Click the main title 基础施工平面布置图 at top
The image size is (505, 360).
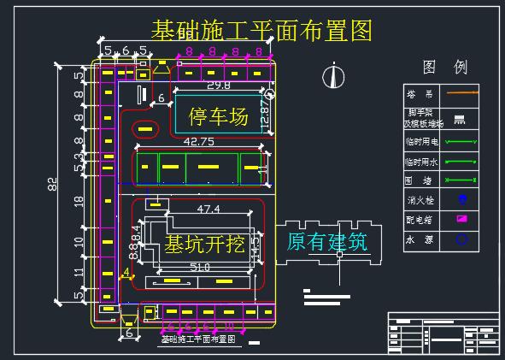click(261, 32)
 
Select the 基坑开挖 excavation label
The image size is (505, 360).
click(204, 245)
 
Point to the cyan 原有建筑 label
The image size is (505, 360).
click(327, 242)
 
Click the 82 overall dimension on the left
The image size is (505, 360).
click(53, 184)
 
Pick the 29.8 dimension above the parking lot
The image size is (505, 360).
click(218, 86)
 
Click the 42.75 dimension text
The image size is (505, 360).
click(198, 141)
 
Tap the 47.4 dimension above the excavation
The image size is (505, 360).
click(208, 209)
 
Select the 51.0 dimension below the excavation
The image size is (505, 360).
click(199, 268)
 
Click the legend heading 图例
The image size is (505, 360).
click(444, 68)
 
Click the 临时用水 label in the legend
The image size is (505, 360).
click(420, 160)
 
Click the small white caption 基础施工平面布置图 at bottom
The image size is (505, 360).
click(198, 339)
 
